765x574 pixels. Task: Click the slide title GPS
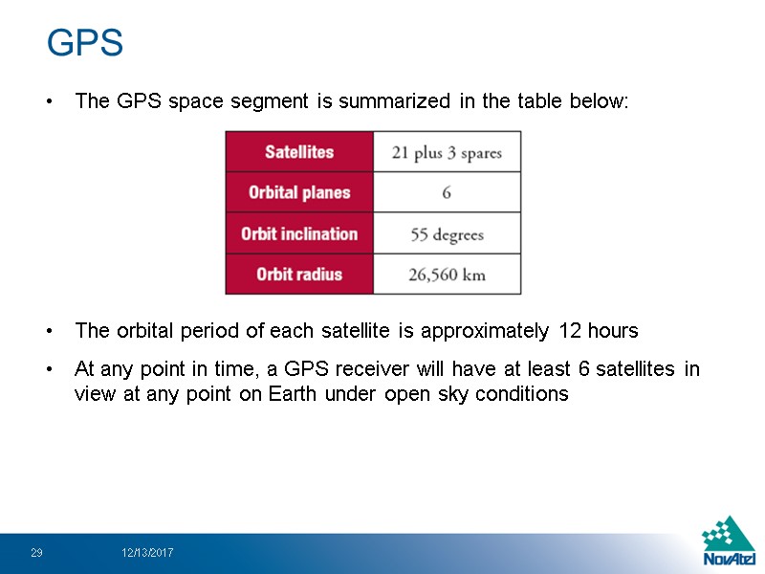tap(85, 43)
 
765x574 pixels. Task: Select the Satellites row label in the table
tap(299, 151)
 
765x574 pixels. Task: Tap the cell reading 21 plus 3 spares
tap(447, 152)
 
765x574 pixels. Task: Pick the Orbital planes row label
tap(299, 192)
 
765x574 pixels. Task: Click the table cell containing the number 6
tap(447, 192)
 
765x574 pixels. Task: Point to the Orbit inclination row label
tap(299, 233)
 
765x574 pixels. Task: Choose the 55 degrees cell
tap(447, 234)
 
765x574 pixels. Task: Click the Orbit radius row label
tap(299, 275)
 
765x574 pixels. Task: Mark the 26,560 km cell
tap(447, 276)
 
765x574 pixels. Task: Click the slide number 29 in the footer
tap(36, 553)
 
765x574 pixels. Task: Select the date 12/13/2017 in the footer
tap(147, 553)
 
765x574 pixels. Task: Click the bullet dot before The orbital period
tap(49, 332)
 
